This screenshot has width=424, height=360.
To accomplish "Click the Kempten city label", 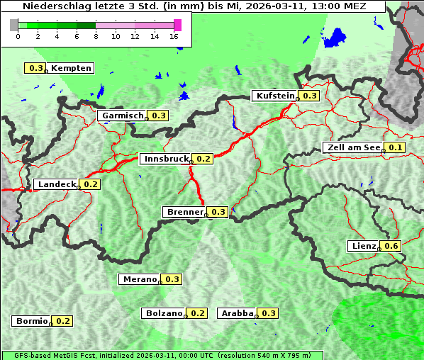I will point(71,68).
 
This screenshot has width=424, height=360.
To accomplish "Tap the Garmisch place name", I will point(123,116).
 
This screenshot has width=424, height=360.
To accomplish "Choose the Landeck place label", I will point(57,184).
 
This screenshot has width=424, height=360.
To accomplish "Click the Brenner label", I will point(184,212).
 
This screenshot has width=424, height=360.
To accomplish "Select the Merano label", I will point(139,279).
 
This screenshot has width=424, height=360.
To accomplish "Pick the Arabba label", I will point(238,313).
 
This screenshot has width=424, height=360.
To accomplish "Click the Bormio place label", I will point(32,321).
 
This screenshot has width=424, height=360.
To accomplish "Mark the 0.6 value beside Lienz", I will point(392,246).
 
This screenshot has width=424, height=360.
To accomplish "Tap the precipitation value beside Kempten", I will point(35,68).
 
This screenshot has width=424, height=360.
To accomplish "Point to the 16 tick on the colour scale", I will point(174,36).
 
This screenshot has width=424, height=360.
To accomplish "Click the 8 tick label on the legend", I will point(96,36).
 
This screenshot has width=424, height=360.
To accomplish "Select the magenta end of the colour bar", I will point(177,25).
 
